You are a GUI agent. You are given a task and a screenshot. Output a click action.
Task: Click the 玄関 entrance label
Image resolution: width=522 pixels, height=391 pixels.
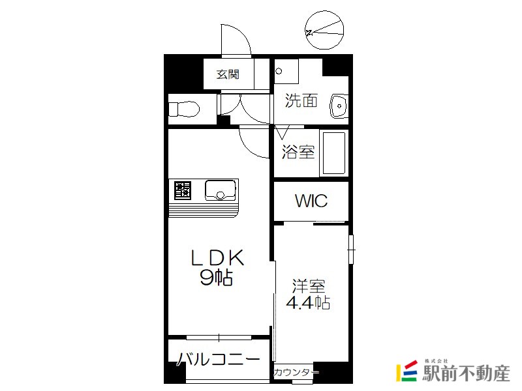click(228, 74)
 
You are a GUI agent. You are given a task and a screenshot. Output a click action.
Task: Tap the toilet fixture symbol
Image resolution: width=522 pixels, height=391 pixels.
click(184, 109)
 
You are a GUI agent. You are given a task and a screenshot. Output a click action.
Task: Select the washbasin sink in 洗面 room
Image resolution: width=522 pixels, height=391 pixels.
click(339, 106)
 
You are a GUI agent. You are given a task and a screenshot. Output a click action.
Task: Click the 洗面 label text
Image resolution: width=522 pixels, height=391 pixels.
click(301, 100)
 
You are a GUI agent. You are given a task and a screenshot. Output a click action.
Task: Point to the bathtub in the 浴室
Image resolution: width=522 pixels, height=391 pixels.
click(333, 153)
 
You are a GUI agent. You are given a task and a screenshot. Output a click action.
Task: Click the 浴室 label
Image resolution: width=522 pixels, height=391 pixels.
click(298, 152)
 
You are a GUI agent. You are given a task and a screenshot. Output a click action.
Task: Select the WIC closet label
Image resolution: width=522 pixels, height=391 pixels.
click(311, 201)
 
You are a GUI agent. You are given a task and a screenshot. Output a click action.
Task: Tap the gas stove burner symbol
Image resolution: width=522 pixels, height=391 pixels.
click(183, 190)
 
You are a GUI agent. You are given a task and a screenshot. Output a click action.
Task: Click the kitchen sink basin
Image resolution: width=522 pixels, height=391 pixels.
click(221, 190)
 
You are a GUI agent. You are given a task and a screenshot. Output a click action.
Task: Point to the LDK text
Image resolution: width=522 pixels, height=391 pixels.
click(217, 257)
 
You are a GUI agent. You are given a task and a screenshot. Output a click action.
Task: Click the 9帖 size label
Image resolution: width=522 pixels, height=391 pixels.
click(217, 277)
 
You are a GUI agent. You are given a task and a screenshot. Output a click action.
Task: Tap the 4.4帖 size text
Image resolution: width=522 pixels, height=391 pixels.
click(308, 302)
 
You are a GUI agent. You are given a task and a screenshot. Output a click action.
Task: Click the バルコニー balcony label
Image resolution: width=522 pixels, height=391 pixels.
click(218, 359)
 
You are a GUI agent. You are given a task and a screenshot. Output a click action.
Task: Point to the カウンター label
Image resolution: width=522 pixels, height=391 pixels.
click(296, 372)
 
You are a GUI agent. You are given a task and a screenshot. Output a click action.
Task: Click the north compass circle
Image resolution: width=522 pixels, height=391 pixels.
click(324, 30)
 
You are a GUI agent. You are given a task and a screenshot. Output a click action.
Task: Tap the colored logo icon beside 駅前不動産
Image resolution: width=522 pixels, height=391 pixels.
click(407, 371)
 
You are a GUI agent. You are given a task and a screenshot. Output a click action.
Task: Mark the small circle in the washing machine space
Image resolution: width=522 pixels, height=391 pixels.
click(279, 71)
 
